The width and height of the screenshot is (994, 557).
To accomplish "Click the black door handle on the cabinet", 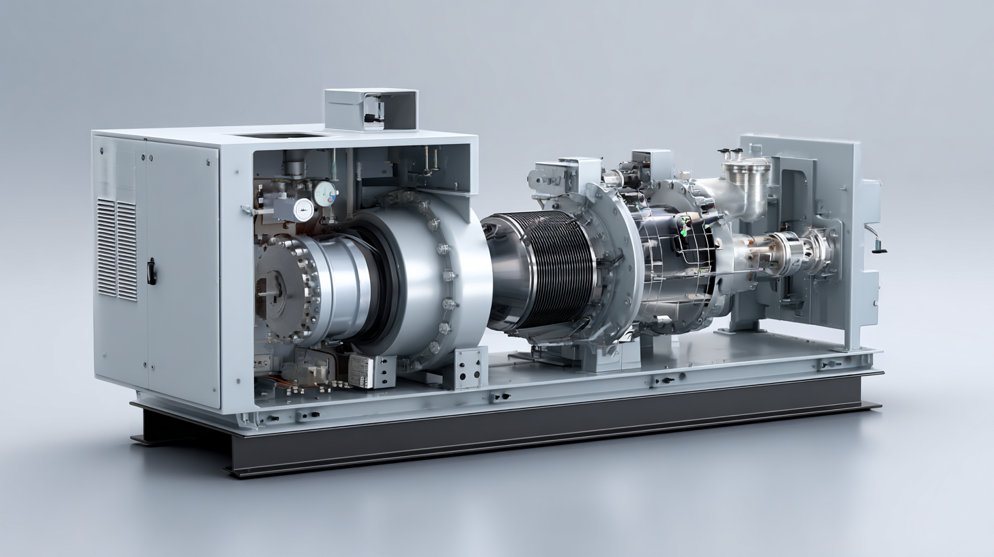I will pos(152,271).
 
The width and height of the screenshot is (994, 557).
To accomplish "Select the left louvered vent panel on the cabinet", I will pos(106,248).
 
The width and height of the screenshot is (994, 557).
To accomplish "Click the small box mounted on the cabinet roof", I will pos(371,109).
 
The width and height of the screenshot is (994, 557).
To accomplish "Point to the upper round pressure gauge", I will pos(325,192).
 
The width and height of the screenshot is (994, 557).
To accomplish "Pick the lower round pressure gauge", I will pos(302,210).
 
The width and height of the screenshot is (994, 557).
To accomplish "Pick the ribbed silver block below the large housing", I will pos(363,371).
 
